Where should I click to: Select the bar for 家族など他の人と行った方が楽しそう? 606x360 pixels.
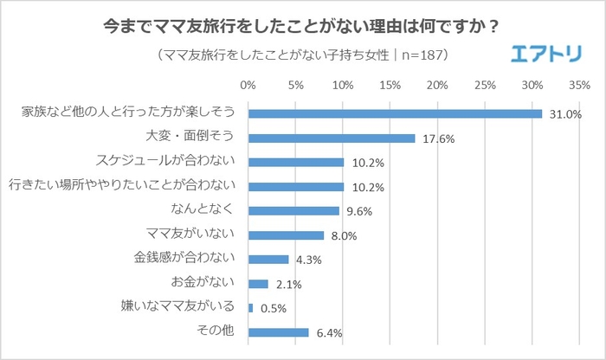pos(395,113)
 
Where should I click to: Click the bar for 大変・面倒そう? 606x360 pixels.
pos(332,138)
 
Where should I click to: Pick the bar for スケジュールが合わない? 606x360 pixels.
pos(296,162)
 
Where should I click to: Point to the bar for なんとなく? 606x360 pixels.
pos(293,210)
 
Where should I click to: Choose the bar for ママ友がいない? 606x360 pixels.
pos(286,235)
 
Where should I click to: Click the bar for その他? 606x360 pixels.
pos(278,331)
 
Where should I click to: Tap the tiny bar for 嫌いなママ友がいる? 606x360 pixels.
pos(250,307)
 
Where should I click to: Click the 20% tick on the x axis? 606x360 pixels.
pos(437,86)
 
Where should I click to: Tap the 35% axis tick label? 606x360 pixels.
pos(579,86)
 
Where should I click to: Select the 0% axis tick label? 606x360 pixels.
pos(248,86)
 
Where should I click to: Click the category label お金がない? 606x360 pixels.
pos(203,283)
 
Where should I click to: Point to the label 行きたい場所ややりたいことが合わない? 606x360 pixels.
pos(122,186)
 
